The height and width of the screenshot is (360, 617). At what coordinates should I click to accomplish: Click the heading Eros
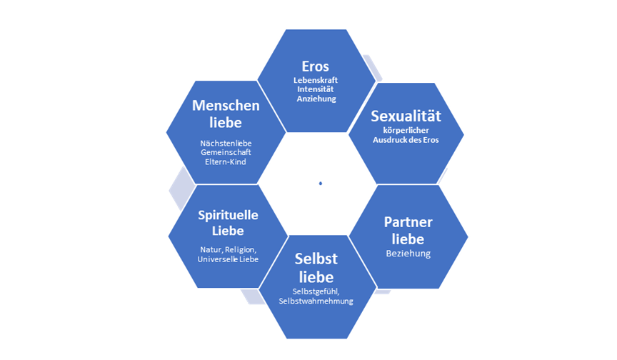315,66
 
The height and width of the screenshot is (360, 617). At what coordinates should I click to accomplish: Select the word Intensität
315,89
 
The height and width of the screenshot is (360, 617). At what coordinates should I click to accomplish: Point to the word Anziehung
315,99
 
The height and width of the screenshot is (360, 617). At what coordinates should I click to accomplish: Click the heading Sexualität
406,116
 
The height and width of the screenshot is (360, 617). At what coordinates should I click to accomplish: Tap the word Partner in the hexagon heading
408,221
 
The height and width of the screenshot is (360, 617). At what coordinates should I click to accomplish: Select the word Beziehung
408,254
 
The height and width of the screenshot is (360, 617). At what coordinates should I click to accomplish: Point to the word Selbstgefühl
316,291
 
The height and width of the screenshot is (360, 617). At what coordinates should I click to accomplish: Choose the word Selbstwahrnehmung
316,301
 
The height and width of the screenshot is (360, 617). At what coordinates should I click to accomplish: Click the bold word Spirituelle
228,215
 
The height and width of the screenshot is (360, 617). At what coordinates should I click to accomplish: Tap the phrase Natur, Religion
228,249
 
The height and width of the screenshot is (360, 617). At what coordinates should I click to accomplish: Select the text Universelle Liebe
228,259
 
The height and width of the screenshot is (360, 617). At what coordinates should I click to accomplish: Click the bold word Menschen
226,105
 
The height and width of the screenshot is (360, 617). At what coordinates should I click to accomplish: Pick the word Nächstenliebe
226,143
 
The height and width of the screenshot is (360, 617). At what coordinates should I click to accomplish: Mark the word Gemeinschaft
226,152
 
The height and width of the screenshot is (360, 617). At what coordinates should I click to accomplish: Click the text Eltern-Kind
226,162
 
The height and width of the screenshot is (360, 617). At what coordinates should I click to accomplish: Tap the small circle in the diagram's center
321,184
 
